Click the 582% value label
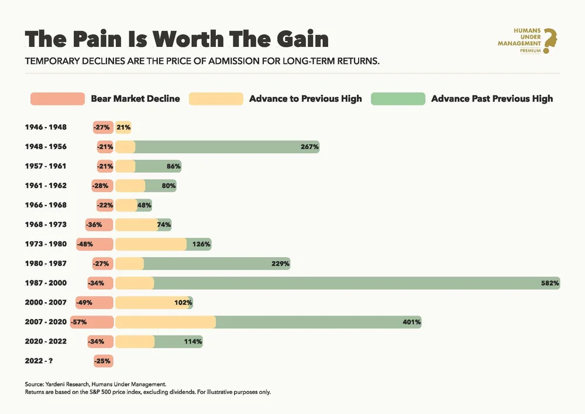pyautogui.click(x=550, y=283)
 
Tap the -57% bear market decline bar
pyautogui.click(x=91, y=322)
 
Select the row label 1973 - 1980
pyautogui.click(x=46, y=244)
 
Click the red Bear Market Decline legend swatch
pyautogui.click(x=58, y=98)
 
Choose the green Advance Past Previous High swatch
pyautogui.click(x=397, y=98)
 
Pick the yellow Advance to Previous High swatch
pyautogui.click(x=215, y=98)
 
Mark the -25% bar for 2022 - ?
pyautogui.click(x=102, y=361)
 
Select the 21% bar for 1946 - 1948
pyautogui.click(x=123, y=127)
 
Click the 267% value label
pyautogui.click(x=309, y=147)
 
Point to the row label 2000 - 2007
pyautogui.click(x=46, y=302)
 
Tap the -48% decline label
pyautogui.click(x=85, y=244)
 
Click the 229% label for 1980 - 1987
pyautogui.click(x=280, y=264)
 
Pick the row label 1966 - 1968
pyautogui.click(x=46, y=205)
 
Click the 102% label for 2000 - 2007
pyautogui.click(x=183, y=303)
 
